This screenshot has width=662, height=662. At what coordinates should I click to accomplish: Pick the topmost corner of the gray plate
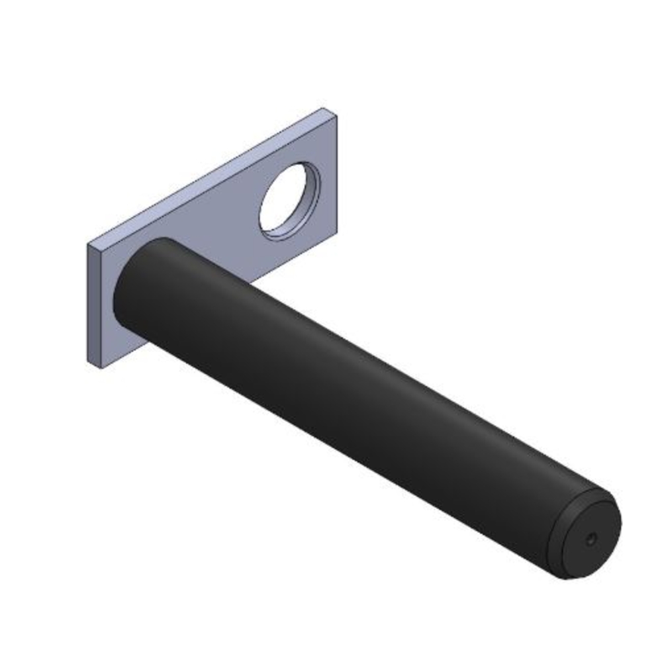point(324,109)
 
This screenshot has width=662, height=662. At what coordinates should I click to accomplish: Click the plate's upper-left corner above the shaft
point(89,245)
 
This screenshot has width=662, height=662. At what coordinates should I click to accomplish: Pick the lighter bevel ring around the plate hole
point(278,232)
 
